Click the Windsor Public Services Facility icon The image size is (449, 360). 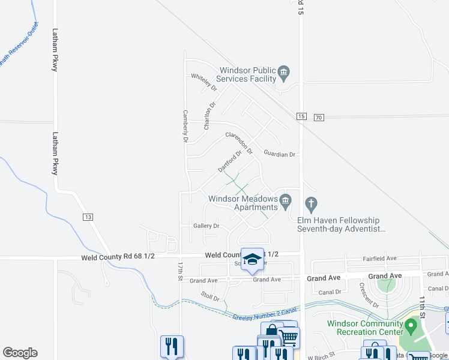point(285,74)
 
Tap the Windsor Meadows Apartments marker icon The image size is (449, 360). point(285,200)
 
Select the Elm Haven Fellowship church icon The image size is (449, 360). point(310,205)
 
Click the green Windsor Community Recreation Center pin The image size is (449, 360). point(411,328)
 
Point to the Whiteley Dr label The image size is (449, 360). point(203,80)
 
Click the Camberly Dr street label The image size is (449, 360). point(186,126)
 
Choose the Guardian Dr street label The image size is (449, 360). point(280,154)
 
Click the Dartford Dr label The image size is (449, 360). point(229,161)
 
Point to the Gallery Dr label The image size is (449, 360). point(206,226)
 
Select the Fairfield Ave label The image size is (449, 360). point(379,259)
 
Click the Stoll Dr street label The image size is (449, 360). point(211,296)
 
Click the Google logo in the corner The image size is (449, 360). point(20,353)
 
